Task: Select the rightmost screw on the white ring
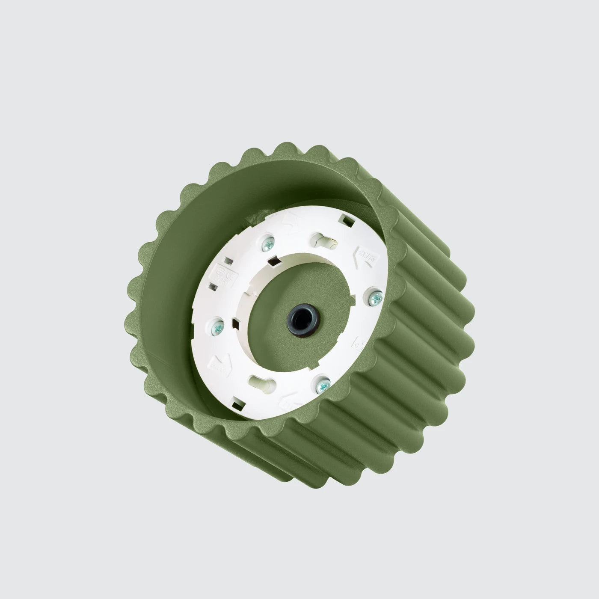pos(375,297)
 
